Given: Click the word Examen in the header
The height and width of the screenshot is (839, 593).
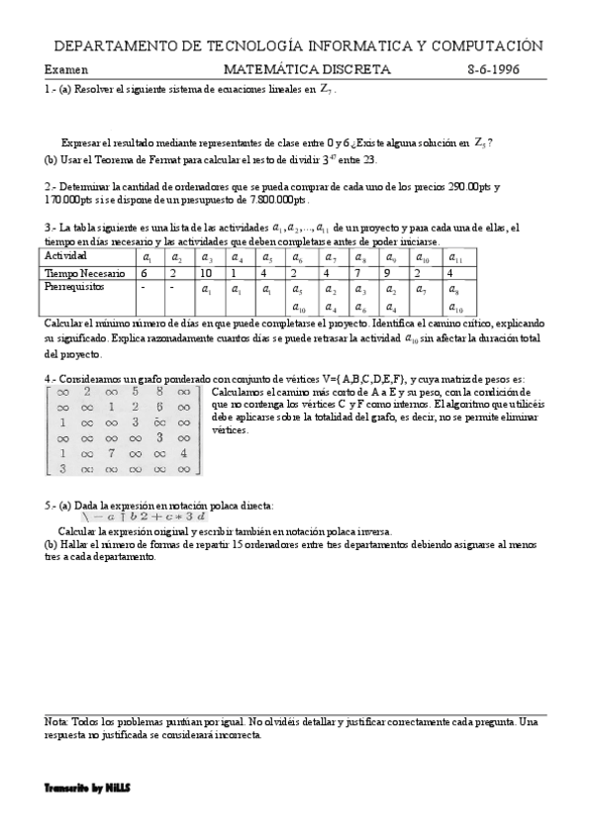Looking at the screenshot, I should coord(66,70).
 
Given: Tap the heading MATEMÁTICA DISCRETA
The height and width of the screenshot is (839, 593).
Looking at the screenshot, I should coord(307,70).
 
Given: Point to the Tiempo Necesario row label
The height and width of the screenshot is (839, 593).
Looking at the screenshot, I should coord(84,272).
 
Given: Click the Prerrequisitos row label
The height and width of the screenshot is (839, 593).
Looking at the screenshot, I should coord(75,287).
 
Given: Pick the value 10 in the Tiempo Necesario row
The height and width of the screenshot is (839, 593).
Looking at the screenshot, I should coord(206,272).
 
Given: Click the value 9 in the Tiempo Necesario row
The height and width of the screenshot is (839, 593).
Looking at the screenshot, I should coord(387,272).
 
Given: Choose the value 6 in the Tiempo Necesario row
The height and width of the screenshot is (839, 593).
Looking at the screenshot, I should coord(145,272).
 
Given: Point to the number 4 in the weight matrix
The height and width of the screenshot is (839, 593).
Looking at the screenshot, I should coord(183,452).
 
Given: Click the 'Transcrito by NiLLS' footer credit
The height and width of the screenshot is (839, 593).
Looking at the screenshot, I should coord(87,788).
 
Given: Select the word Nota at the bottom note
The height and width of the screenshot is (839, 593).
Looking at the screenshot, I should coord(56,723).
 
